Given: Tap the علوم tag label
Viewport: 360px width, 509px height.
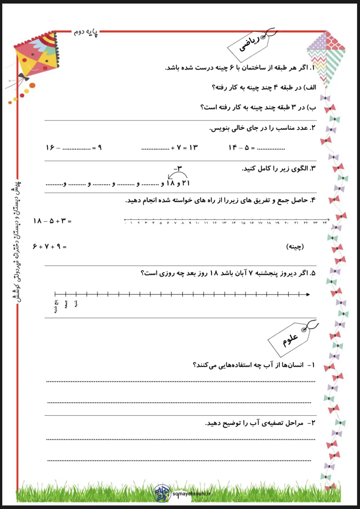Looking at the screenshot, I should click(290, 339).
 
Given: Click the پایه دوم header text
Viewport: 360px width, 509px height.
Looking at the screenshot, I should click(86, 33).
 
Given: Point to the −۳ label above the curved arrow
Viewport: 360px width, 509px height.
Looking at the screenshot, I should click(178, 168).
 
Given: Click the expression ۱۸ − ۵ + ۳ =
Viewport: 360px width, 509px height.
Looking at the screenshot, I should click(52, 221).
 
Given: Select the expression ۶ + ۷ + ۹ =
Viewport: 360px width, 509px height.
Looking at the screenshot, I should click(50, 246).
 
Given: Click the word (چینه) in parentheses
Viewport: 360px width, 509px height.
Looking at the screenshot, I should click(295, 246).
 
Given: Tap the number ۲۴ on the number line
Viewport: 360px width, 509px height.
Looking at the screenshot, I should click(325, 223).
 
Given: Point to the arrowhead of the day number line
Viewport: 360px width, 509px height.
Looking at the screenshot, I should click(308, 294).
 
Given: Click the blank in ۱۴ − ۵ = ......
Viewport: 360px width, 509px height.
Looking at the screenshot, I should click(271, 148).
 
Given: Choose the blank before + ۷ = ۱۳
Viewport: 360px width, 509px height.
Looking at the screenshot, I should click(155, 148).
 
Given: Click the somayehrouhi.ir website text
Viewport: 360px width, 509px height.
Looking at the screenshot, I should click(191, 493).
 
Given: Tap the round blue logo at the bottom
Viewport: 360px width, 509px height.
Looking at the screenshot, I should click(162, 493).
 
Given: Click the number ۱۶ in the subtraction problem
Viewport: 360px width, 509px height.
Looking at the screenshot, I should click(50, 148).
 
